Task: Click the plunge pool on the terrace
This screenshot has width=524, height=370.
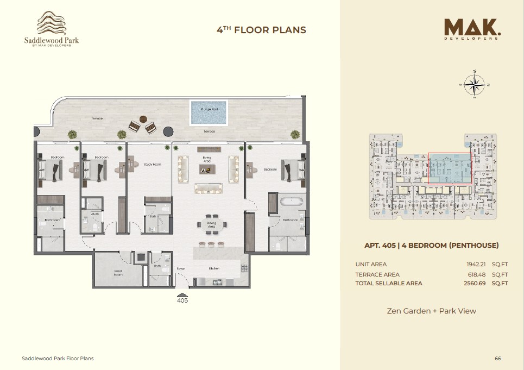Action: click(209, 112)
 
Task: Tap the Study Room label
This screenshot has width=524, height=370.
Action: click(153, 164)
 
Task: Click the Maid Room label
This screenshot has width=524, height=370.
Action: click(118, 274)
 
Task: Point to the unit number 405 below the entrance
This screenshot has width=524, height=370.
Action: click(182, 300)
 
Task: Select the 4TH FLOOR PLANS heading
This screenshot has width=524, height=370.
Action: click(261, 30)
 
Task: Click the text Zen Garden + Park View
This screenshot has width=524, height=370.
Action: click(431, 311)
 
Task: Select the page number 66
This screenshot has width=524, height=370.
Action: click(497, 359)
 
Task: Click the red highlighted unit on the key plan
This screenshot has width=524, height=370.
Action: click(450, 168)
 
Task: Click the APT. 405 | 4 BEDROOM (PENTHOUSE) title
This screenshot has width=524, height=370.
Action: click(431, 246)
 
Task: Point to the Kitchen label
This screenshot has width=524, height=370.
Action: click(214, 268)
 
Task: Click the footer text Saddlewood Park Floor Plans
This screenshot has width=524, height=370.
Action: click(58, 359)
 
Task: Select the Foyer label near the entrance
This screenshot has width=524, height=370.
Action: click(181, 268)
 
